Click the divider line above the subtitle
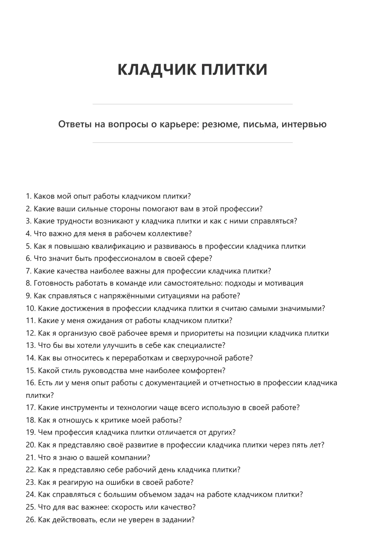192,104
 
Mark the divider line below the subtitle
192,143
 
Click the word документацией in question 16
173,383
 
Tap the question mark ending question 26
193,520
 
